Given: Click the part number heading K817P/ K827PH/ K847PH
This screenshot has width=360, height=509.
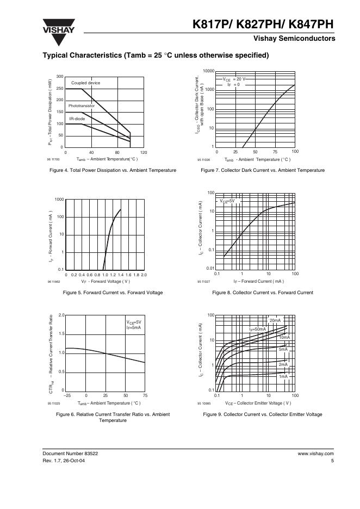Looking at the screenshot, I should point(263,24).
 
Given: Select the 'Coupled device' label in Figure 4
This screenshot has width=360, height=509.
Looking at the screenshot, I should point(86,83).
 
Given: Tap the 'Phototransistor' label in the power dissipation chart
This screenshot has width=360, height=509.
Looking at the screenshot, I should point(82,105).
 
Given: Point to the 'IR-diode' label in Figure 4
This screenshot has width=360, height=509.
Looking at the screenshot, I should point(77,118).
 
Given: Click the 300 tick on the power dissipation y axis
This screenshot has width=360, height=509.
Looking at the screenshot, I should point(60,77).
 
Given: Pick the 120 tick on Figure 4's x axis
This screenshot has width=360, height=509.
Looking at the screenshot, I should point(144,152).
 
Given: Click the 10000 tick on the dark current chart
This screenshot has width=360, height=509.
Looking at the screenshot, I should point(208,71).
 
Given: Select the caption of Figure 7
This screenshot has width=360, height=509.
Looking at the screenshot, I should point(263,170).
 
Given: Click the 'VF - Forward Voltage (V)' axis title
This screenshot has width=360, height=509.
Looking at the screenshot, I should point(105,281).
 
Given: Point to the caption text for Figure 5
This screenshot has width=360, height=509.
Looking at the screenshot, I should point(113,293).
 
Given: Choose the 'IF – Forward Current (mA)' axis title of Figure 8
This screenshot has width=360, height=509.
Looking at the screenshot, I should point(258,281).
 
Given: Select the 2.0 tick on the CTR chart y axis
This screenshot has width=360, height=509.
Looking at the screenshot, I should point(61,315).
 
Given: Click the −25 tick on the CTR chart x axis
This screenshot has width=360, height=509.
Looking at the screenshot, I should point(66,395).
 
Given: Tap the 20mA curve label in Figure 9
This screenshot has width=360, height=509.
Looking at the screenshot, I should point(275,320).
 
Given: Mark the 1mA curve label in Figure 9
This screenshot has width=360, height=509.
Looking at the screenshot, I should point(283,376).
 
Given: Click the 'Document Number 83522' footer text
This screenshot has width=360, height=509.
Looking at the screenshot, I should point(70,453).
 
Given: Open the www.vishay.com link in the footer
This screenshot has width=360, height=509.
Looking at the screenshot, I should point(315,453).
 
